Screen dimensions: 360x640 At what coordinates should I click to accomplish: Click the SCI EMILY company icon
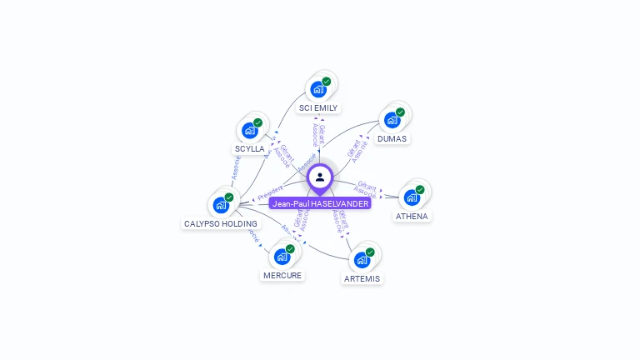[317, 88]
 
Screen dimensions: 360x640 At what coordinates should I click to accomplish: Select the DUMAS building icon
[392, 119]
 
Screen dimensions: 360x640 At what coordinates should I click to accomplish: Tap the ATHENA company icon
[411, 197]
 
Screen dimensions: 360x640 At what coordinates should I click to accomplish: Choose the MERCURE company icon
[282, 256]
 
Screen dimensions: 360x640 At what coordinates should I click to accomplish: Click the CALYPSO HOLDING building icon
[220, 205]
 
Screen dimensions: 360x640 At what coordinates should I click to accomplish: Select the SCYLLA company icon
[249, 130]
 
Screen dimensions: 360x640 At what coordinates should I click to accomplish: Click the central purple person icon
[320, 177]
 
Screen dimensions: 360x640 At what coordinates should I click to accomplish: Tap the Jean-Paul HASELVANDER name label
[320, 203]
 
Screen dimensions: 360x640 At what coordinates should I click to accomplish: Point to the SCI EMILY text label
[318, 108]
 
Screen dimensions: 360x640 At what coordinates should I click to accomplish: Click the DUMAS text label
[392, 139]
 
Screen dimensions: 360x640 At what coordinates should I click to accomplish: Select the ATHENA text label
[412, 217]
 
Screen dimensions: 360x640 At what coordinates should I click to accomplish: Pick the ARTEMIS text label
[362, 279]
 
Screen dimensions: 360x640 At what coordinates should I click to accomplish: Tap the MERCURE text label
[282, 275]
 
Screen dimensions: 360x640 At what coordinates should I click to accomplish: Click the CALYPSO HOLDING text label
[220, 224]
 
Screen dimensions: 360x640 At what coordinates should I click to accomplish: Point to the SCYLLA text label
[249, 149]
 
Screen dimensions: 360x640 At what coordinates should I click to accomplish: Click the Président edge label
[270, 197]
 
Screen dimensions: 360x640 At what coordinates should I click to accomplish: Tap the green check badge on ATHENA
[420, 190]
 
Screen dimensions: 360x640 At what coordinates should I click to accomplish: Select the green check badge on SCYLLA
[258, 122]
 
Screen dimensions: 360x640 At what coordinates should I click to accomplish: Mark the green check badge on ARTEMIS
[370, 252]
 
